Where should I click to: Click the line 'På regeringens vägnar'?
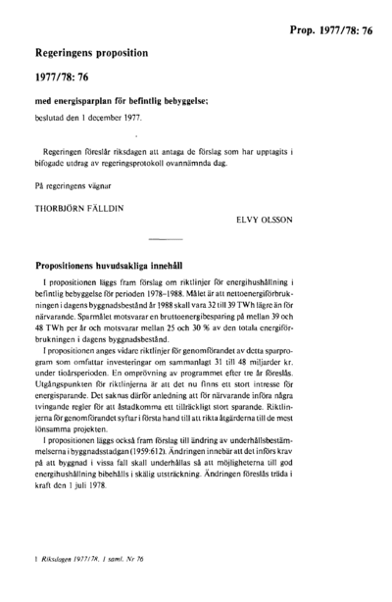(x=74, y=183)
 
